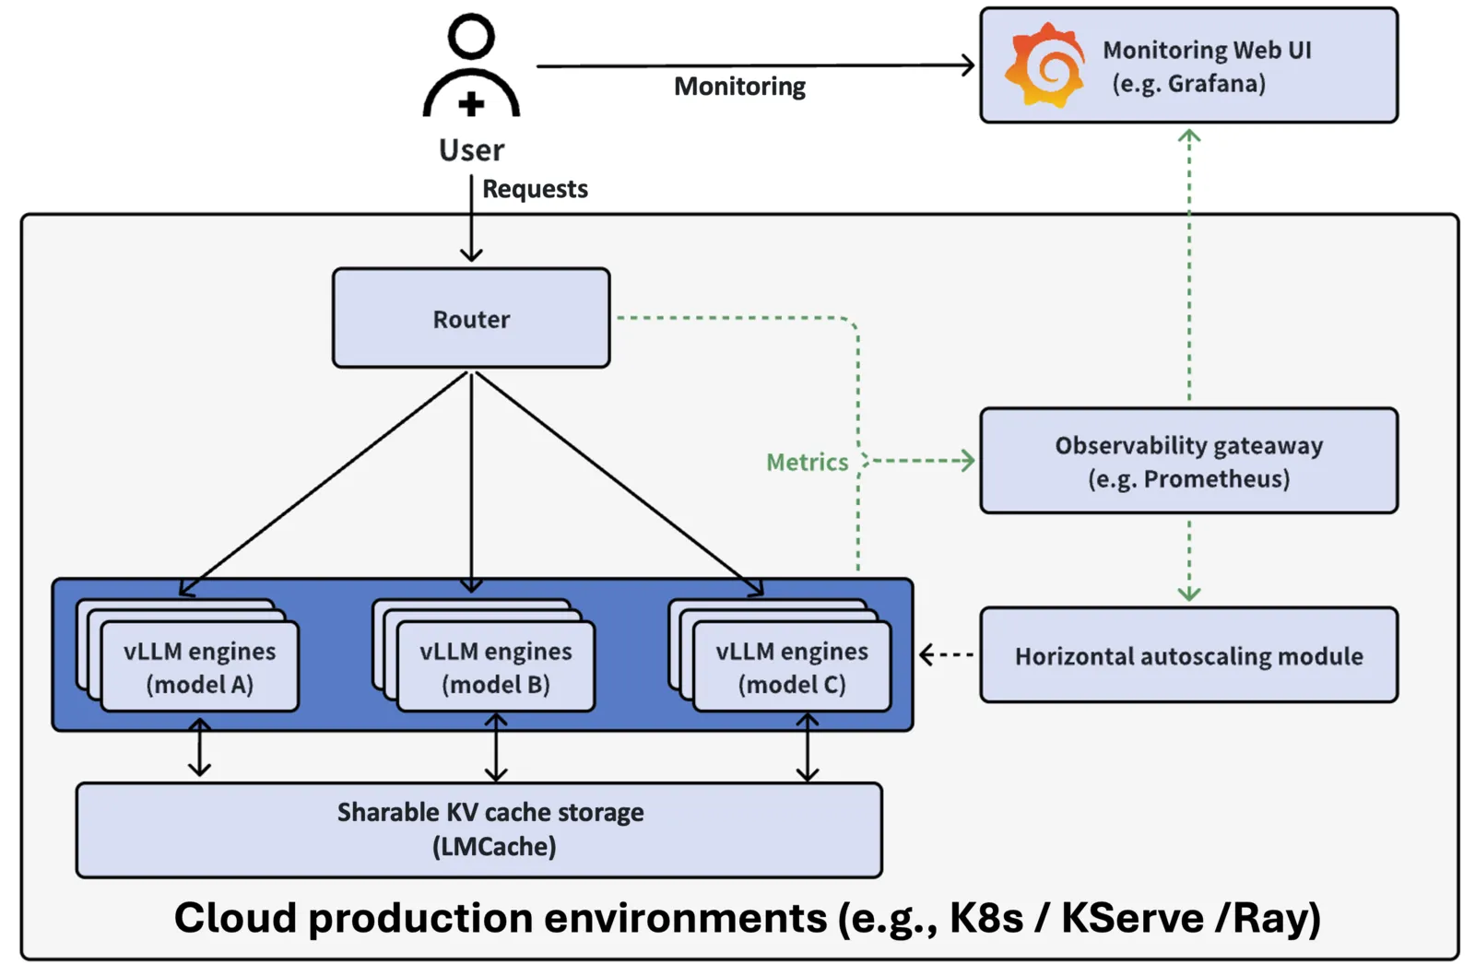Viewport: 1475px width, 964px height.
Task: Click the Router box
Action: click(x=471, y=319)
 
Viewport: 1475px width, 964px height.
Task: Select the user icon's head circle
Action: click(x=471, y=37)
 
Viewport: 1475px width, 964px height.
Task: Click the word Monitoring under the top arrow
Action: click(x=739, y=87)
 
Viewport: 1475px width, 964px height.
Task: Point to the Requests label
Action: click(x=535, y=189)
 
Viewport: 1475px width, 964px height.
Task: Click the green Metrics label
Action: click(x=807, y=462)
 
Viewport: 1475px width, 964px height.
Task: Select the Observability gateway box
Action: click(x=1188, y=461)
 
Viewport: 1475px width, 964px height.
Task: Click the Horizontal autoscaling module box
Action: click(x=1188, y=655)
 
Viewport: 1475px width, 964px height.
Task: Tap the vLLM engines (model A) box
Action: click(x=200, y=667)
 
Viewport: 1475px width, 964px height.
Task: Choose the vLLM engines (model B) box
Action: click(x=496, y=667)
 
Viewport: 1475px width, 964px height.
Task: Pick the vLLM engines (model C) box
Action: click(x=792, y=667)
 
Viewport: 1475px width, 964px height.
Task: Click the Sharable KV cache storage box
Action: click(x=479, y=829)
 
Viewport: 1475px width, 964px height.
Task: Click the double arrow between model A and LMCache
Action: click(x=200, y=748)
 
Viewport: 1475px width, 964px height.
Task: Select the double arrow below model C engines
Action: click(x=808, y=748)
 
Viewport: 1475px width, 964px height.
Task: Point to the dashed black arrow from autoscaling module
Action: click(x=946, y=654)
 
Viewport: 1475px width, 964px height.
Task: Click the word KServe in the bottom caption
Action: click(x=1132, y=918)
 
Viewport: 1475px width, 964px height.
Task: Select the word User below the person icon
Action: click(x=471, y=150)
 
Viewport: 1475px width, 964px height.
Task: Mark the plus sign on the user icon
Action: click(x=471, y=103)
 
